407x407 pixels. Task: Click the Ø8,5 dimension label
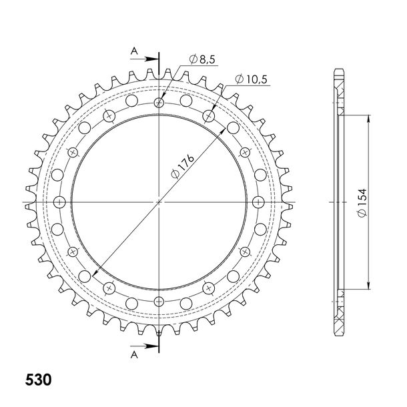click(202, 59)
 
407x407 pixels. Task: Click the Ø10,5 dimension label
click(251, 79)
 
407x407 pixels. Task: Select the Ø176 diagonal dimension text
click(182, 167)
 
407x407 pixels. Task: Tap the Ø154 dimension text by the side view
click(362, 202)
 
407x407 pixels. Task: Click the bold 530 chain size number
click(38, 380)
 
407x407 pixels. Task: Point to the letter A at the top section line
click(134, 51)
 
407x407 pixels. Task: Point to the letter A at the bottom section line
click(134, 354)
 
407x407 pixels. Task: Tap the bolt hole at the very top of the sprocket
click(159, 103)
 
